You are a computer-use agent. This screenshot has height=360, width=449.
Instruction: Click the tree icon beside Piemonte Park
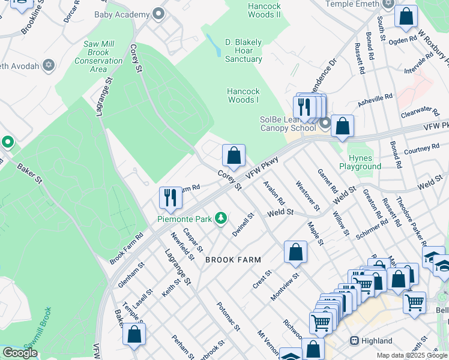click(221, 218)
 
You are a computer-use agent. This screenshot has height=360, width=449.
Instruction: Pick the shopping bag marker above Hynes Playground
click(342, 126)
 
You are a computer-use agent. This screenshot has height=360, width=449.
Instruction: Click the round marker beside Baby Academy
click(158, 13)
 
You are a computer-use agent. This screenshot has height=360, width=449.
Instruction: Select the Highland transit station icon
click(355, 341)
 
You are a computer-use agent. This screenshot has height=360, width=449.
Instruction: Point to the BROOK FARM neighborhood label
click(233, 260)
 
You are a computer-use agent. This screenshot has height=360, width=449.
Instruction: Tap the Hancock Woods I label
click(243, 95)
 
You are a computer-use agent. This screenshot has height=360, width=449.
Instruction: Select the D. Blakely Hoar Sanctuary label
click(243, 50)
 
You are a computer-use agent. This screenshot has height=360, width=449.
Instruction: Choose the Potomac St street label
click(228, 316)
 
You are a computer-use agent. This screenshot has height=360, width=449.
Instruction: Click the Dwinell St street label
click(244, 224)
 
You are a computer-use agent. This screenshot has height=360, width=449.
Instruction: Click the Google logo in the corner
click(20, 353)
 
